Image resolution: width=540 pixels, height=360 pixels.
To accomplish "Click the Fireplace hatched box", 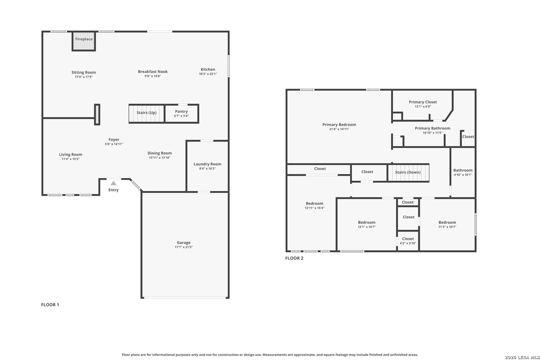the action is coord(84,41).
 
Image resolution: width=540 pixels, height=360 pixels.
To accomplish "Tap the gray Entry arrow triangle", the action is coord(114,183).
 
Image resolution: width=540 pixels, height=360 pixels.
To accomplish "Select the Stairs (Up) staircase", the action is coord(147,114).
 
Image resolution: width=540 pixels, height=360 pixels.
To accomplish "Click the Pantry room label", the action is coord(181,111).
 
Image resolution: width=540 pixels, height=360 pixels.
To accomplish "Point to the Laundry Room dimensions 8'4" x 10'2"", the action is coord(207,169).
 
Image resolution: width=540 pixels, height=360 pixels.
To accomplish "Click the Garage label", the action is coord(184,243).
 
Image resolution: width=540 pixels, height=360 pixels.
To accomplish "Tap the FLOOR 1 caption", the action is coord(50,305).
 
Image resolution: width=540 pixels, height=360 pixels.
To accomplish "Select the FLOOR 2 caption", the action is coord(294,258).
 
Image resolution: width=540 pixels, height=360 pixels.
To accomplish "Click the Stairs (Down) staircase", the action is coord(408,172).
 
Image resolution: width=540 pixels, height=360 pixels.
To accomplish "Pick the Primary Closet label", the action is coord(423,102).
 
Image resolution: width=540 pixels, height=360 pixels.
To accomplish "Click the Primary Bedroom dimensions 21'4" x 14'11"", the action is coord(339,129).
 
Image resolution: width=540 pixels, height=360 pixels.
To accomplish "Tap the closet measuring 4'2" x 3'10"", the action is coord(408,241).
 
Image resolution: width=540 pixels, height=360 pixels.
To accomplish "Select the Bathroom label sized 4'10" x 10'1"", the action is coord(463,170).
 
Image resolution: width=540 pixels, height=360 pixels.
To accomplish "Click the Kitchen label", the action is coord(208,69).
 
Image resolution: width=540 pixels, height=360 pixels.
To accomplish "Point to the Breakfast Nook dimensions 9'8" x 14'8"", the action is coord(153,76).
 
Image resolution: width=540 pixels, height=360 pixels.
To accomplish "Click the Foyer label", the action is coord(114,140).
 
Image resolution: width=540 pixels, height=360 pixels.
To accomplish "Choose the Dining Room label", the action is coord(160,153).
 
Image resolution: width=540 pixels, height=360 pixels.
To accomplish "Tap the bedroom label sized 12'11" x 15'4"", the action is coord(315,204).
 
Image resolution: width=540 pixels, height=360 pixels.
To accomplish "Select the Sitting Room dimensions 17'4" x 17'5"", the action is coord(84,77).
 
